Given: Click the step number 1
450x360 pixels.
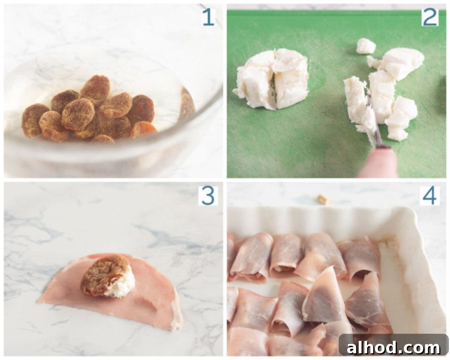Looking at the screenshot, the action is point(208,17).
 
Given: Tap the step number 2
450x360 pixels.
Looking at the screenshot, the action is point(430,17).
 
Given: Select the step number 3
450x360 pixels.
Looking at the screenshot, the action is point(208,196).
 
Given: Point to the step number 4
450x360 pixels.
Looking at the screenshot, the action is point(430,196).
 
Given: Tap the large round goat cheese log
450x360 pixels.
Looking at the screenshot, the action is point(271,79).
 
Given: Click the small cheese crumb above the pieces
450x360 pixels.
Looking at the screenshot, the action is point(366,46).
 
